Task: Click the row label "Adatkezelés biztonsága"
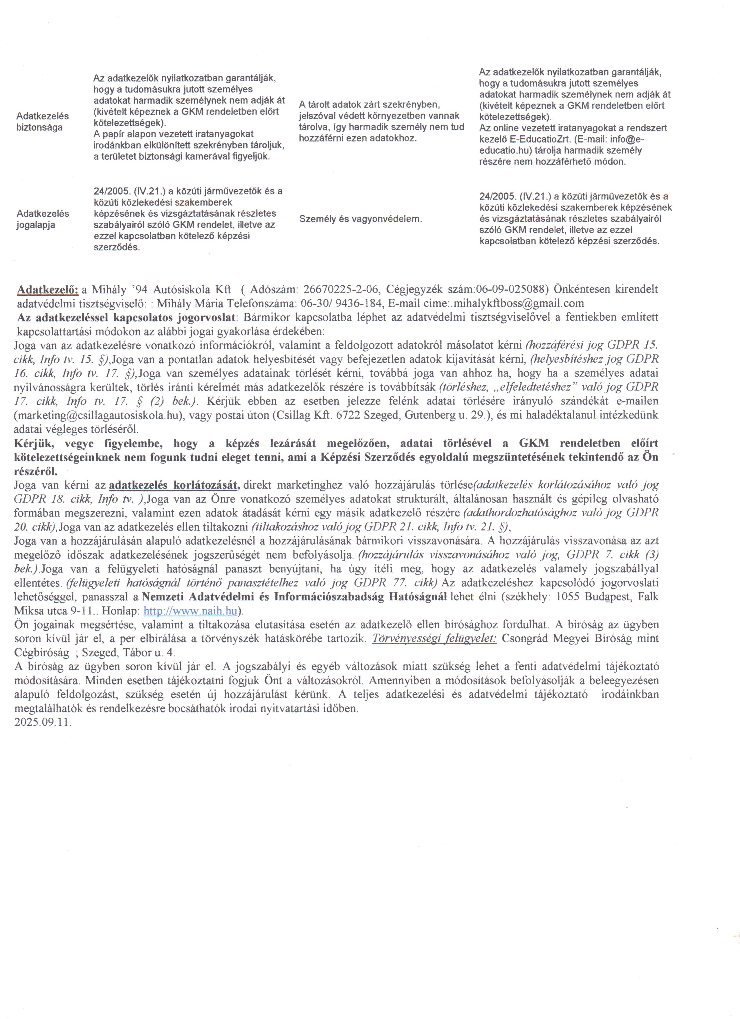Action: point(43,121)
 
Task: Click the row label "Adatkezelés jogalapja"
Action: point(43,219)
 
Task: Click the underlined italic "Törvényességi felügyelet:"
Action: point(434,638)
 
